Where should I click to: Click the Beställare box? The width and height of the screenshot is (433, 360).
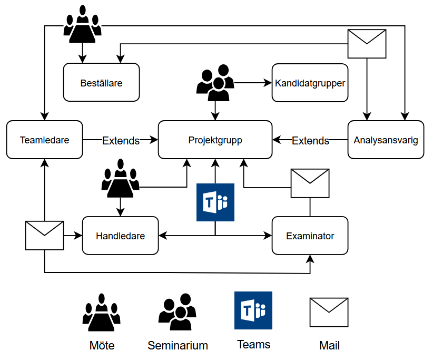click(x=101, y=83)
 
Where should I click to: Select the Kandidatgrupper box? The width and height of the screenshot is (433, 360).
click(x=310, y=83)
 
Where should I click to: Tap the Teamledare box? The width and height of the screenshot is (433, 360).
click(x=45, y=140)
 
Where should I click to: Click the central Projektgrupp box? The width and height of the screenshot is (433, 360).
click(x=215, y=140)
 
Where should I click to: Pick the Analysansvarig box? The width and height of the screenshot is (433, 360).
click(x=386, y=140)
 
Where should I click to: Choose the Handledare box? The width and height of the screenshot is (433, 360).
click(x=120, y=236)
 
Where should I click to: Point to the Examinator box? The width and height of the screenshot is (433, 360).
click(x=310, y=236)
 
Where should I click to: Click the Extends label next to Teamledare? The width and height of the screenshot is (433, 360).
click(x=121, y=141)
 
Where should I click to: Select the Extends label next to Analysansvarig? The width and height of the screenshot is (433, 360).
click(x=310, y=141)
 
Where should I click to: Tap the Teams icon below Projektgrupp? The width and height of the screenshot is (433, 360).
click(x=215, y=202)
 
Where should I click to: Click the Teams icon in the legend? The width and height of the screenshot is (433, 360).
click(x=253, y=310)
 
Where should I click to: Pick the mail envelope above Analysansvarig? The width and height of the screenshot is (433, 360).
click(x=367, y=44)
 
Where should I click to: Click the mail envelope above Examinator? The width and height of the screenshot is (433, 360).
click(x=310, y=183)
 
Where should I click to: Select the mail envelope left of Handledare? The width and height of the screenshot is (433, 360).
click(x=44, y=235)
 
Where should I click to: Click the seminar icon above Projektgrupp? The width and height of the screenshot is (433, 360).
click(x=215, y=83)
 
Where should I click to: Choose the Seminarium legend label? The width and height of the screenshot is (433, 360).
click(x=178, y=346)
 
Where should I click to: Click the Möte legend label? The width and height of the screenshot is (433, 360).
click(x=102, y=346)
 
